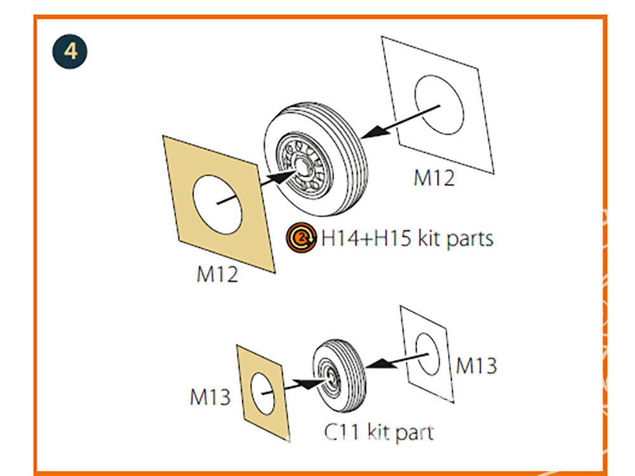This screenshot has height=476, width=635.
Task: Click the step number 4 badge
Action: pyautogui.click(x=70, y=51)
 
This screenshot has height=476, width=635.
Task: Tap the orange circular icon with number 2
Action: pyautogui.click(x=301, y=237)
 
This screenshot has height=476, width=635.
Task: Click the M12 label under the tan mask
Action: pyautogui.click(x=217, y=274)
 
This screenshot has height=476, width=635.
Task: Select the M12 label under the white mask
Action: pyautogui.click(x=434, y=178)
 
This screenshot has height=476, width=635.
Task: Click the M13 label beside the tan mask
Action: pyautogui.click(x=210, y=397)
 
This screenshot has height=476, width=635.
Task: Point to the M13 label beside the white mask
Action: pyautogui.click(x=476, y=366)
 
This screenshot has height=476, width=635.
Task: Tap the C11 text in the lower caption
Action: pyautogui.click(x=342, y=432)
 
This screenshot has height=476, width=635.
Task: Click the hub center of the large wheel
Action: pyautogui.click(x=302, y=166)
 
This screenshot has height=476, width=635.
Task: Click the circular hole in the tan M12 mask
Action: pyautogui.click(x=217, y=204)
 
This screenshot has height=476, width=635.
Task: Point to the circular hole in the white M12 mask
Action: pyautogui.click(x=439, y=105)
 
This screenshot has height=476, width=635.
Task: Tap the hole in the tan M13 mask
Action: pyautogui.click(x=262, y=393)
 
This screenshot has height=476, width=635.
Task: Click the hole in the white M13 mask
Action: pyautogui.click(x=428, y=354)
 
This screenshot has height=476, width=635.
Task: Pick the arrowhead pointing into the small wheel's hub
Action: pyautogui.click(x=310, y=383)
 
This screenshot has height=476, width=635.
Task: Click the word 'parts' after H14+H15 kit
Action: pyautogui.click(x=470, y=239)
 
